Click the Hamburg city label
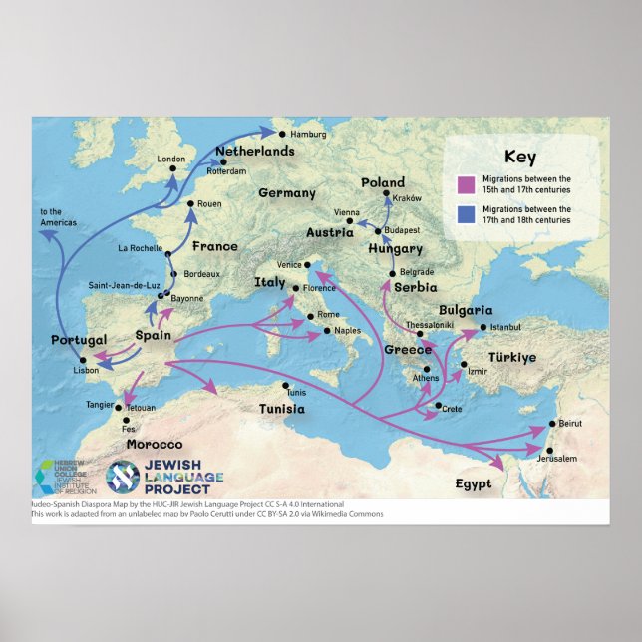309,134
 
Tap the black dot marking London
172,168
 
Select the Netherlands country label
255,152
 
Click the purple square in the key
465,184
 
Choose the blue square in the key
465,214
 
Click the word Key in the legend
519,157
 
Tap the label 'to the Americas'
55,217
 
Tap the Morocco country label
154,444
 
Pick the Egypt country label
474,484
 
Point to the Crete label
452,409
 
